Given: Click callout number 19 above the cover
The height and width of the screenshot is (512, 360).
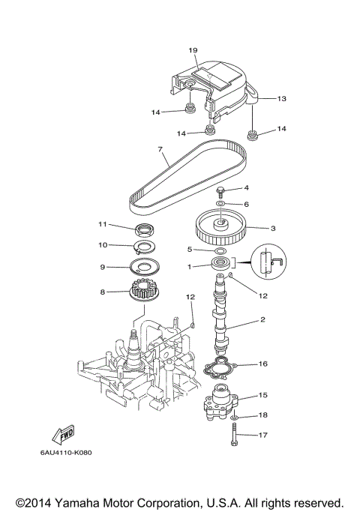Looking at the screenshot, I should click(x=193, y=50).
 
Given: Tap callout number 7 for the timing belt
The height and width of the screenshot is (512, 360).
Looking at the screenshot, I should click(x=160, y=149).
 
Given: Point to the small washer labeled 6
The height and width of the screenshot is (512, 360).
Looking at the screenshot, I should click(x=221, y=203).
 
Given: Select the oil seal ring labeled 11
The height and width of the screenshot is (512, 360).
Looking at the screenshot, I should click(x=145, y=228).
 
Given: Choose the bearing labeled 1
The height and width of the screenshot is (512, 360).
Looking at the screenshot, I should click(x=222, y=265).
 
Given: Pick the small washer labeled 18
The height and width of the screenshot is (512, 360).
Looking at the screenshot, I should click(x=235, y=415).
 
